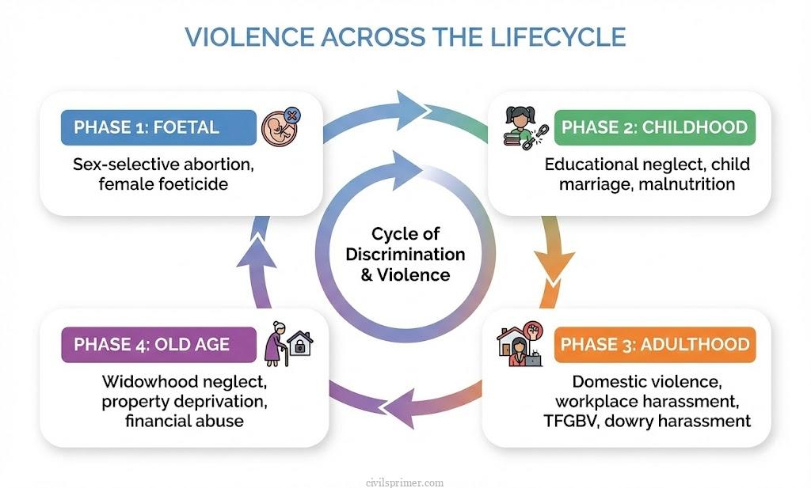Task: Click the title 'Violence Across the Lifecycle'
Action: (405, 37)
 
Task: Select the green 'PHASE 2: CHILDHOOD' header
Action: (653, 127)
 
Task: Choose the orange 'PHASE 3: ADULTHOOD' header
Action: (654, 344)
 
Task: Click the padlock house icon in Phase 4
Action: (299, 342)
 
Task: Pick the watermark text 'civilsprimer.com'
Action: (405, 482)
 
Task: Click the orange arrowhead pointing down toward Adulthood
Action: (559, 262)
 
